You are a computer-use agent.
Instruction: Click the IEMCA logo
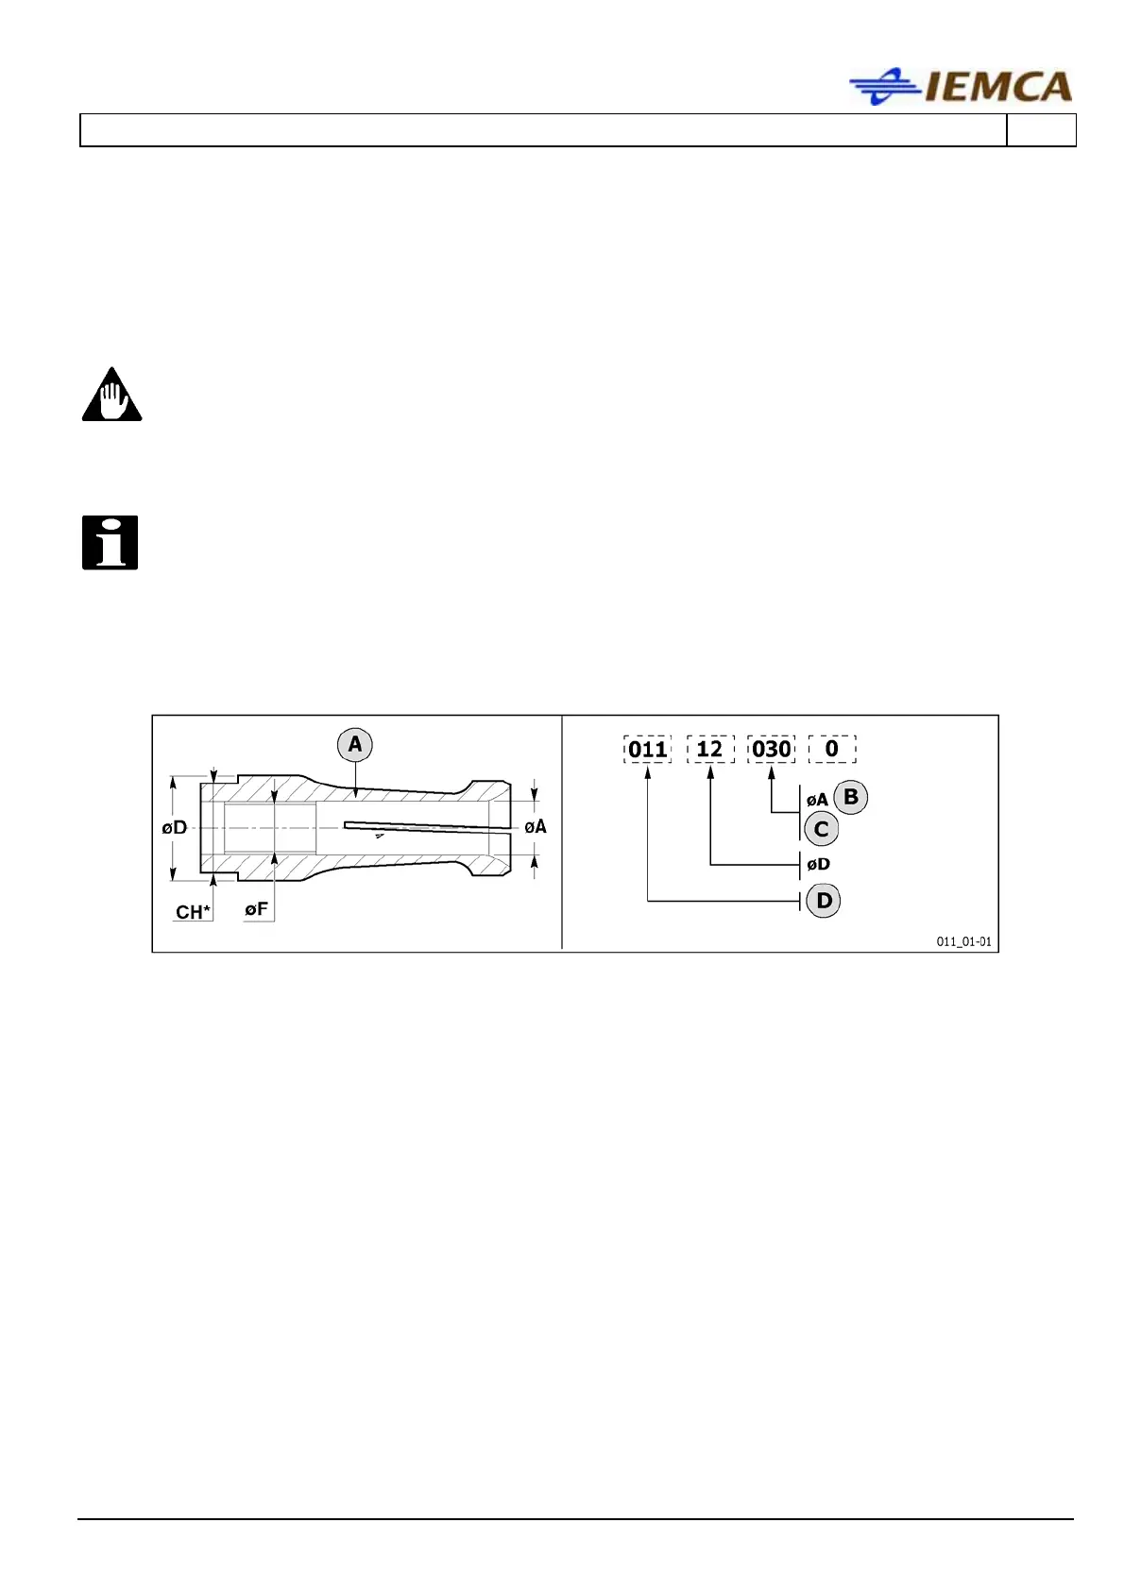coord(961,87)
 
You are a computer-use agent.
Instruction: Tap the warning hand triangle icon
coord(111,396)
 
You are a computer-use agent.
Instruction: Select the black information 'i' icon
coord(111,543)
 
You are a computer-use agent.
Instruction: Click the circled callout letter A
coord(355,745)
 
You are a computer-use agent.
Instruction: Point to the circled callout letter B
coord(850,797)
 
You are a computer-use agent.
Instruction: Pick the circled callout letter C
coord(821,829)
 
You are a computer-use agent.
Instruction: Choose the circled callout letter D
coord(824,901)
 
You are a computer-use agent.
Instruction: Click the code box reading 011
coord(648,750)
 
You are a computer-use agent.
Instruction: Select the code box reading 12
coord(709,750)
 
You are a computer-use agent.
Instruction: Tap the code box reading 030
coord(771,750)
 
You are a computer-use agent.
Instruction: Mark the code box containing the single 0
coord(832,750)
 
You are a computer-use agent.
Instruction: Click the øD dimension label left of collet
coord(175,828)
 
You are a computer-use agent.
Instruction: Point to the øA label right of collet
coord(536,827)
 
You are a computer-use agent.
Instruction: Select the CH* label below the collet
coord(193,912)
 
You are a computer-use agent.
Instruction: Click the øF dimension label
coord(257,910)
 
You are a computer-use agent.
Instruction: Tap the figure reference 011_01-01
coord(963,941)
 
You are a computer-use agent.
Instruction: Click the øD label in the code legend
coord(819,864)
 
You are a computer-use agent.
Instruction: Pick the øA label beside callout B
coord(817,801)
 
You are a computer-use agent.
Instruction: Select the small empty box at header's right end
coord(1041,130)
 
